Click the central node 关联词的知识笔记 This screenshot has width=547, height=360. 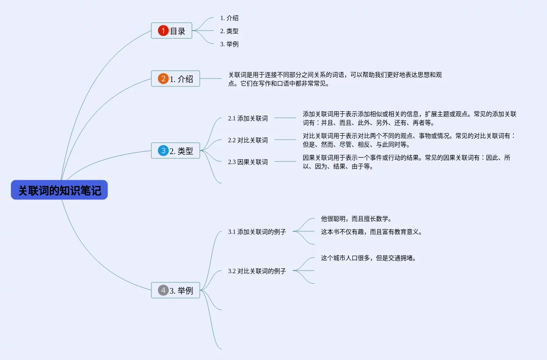coord(59,190)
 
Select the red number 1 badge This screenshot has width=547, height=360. coord(163,31)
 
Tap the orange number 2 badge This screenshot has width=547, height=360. coord(163,79)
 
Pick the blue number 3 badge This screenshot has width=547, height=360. coord(163,151)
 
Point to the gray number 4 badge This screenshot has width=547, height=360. coord(163,290)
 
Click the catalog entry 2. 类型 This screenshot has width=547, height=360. coord(229,31)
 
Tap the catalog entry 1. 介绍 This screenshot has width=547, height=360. coord(229,18)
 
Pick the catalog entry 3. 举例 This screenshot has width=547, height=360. coord(229,44)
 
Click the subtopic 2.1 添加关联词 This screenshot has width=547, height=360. coord(248,118)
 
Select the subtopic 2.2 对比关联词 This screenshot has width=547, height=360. coord(248,140)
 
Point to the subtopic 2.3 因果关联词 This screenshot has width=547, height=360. coord(248,162)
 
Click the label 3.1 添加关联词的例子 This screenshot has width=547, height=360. coord(257,232)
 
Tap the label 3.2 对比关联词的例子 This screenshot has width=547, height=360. coord(257,271)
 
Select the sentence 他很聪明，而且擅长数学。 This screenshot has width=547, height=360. coord(356,219)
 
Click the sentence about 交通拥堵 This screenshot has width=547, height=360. coord(368,258)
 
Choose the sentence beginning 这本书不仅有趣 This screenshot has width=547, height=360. coord(371,232)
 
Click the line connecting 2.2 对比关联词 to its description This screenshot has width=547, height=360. coord(285,140)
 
